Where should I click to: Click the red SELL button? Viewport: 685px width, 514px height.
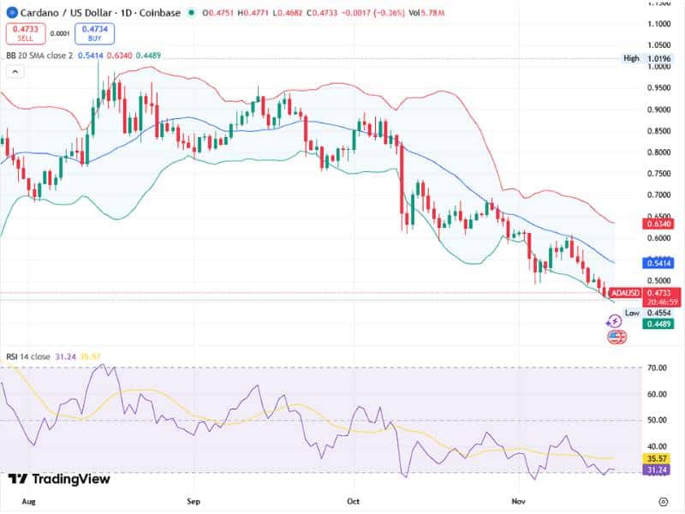pos(25,33)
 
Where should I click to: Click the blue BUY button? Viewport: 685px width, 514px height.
pos(93,33)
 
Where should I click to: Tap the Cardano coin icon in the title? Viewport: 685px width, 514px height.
pos(11,12)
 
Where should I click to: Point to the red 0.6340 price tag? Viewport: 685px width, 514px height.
pos(658,223)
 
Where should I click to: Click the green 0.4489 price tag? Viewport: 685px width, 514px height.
pos(658,324)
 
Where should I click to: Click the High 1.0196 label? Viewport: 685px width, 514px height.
pos(648,58)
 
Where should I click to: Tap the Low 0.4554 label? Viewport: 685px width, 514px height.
pos(647,313)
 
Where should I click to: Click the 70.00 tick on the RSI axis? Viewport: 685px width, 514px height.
pos(658,368)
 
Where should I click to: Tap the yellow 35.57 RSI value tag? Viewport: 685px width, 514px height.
pos(658,458)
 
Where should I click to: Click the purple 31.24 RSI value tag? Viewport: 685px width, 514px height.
pos(658,470)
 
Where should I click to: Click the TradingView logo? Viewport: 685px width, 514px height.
pos(59,479)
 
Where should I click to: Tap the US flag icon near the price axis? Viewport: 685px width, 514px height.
pos(616,337)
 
